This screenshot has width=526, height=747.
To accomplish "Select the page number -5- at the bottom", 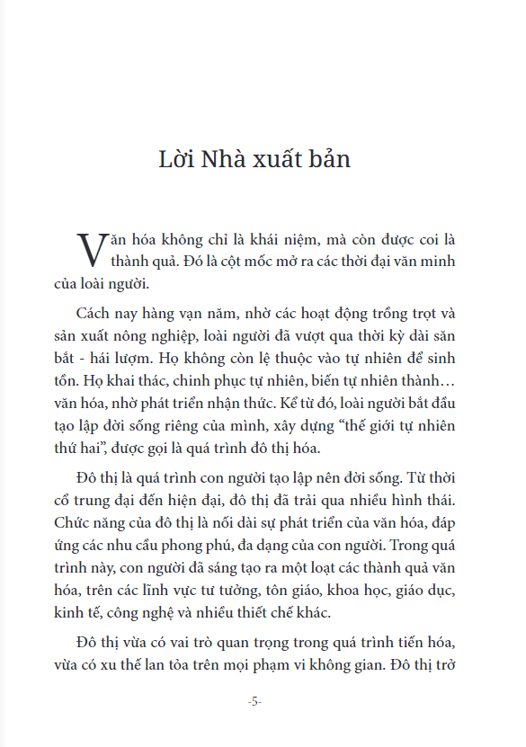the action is (x=254, y=701).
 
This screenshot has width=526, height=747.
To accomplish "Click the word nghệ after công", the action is (x=171, y=612).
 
